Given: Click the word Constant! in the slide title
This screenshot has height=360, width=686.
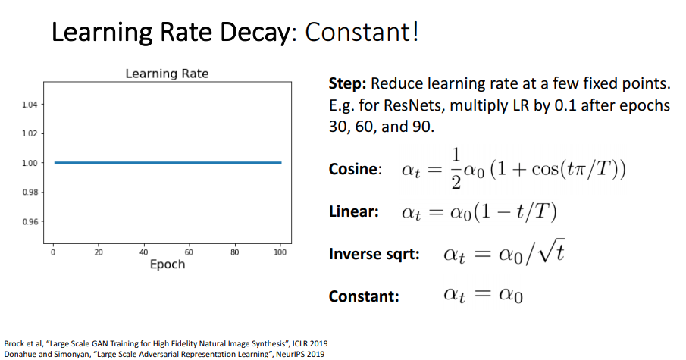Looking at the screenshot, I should click(362, 33).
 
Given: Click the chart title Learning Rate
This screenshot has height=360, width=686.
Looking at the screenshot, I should click(167, 74).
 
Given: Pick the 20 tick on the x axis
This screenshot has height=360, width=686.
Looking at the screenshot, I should click(99, 251).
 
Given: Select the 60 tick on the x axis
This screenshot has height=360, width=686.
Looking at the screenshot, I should click(189, 251).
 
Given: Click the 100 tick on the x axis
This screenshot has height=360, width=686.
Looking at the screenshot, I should click(280, 251).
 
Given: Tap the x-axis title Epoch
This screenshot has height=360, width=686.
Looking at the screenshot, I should click(167, 265).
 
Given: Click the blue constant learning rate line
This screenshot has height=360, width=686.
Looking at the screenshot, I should click(167, 162).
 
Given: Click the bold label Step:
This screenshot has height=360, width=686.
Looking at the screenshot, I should click(348, 84).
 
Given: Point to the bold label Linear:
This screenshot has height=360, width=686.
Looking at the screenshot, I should click(353, 211).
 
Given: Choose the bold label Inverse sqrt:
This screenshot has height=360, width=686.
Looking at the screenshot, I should click(374, 254).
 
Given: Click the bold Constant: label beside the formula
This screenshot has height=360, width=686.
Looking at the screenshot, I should click(364, 296).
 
